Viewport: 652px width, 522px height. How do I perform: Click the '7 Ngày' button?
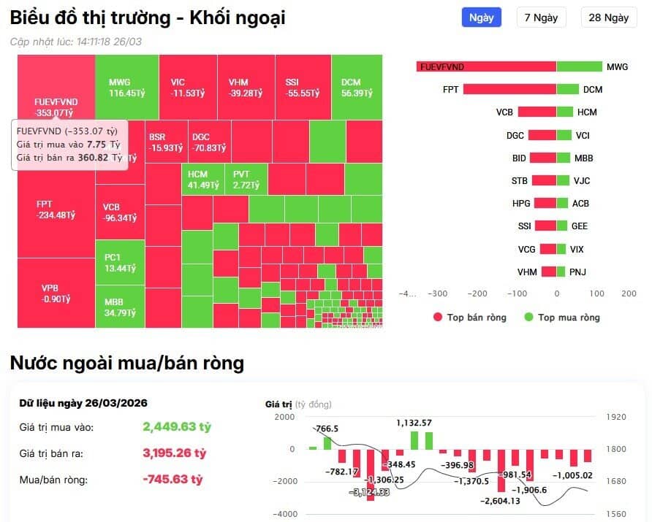[x=541, y=18]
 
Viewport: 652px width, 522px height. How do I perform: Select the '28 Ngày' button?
[x=608, y=18]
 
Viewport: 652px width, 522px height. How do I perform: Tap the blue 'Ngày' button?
[x=481, y=18]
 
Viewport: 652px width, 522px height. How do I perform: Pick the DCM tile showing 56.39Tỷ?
[x=357, y=87]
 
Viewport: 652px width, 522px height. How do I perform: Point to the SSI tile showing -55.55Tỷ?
[x=303, y=87]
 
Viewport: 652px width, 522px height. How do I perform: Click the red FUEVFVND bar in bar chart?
[x=486, y=67]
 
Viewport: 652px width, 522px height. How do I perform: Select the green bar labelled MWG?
[x=579, y=67]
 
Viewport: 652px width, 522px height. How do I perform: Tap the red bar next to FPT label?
[x=509, y=90]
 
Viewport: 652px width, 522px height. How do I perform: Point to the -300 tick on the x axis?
[x=438, y=293]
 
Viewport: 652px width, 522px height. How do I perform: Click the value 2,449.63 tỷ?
[x=177, y=427]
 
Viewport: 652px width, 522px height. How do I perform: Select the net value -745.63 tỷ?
[x=173, y=480]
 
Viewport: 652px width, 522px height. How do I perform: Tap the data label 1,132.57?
[x=414, y=423]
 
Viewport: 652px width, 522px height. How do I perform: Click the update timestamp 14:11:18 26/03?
[x=108, y=42]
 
